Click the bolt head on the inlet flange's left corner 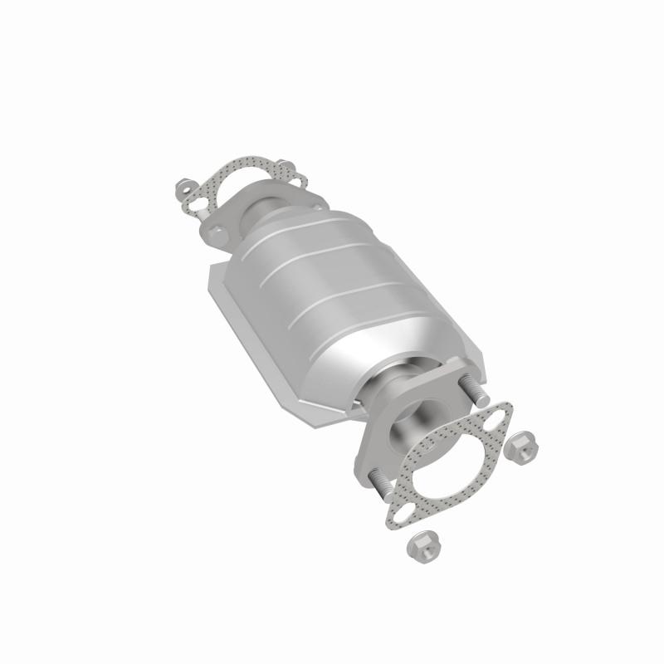click(218, 234)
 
